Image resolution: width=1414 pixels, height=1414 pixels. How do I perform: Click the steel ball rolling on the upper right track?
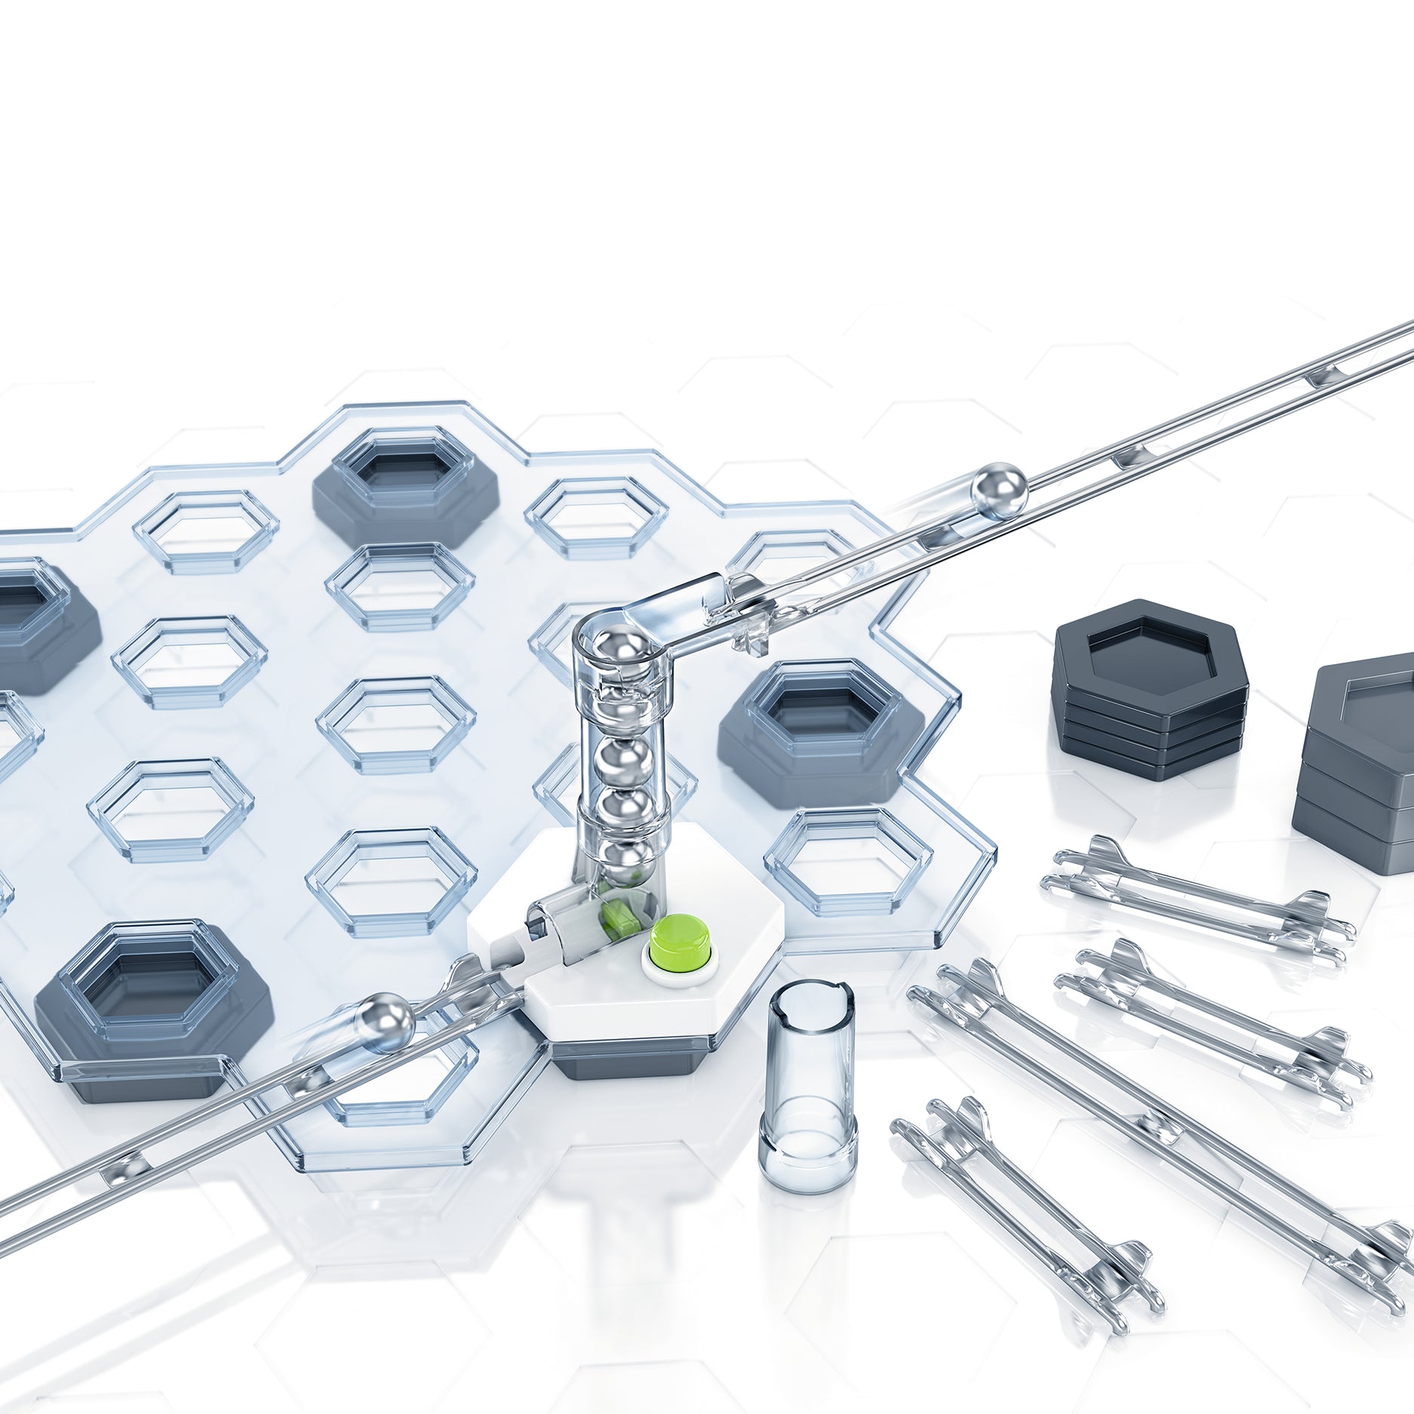(x=999, y=490)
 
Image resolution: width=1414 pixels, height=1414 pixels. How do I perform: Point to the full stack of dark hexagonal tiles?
(x=1150, y=690)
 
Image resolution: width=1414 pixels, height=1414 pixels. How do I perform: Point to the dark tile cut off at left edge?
(x=38, y=626)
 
